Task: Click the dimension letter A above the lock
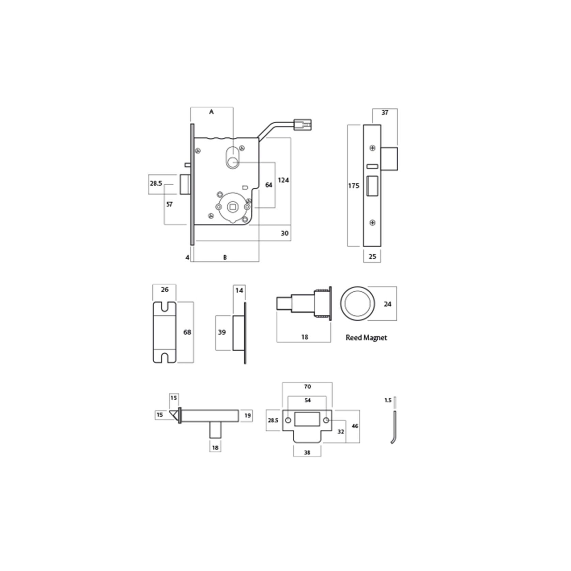click(211, 112)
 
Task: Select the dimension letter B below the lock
click(225, 258)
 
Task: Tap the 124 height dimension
click(283, 180)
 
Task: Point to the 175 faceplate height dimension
click(354, 186)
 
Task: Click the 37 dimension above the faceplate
click(385, 113)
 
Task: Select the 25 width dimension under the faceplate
click(372, 256)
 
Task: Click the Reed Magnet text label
click(366, 338)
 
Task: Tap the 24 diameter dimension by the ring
click(387, 304)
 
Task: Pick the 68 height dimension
click(187, 332)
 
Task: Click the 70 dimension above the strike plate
click(307, 387)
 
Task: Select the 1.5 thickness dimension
click(388, 400)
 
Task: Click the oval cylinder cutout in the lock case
click(233, 157)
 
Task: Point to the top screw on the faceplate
click(373, 148)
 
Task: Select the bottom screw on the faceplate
click(373, 223)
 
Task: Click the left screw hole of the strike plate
click(288, 420)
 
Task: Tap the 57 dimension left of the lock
click(169, 204)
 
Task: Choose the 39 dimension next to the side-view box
click(222, 332)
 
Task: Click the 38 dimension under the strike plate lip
click(307, 453)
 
